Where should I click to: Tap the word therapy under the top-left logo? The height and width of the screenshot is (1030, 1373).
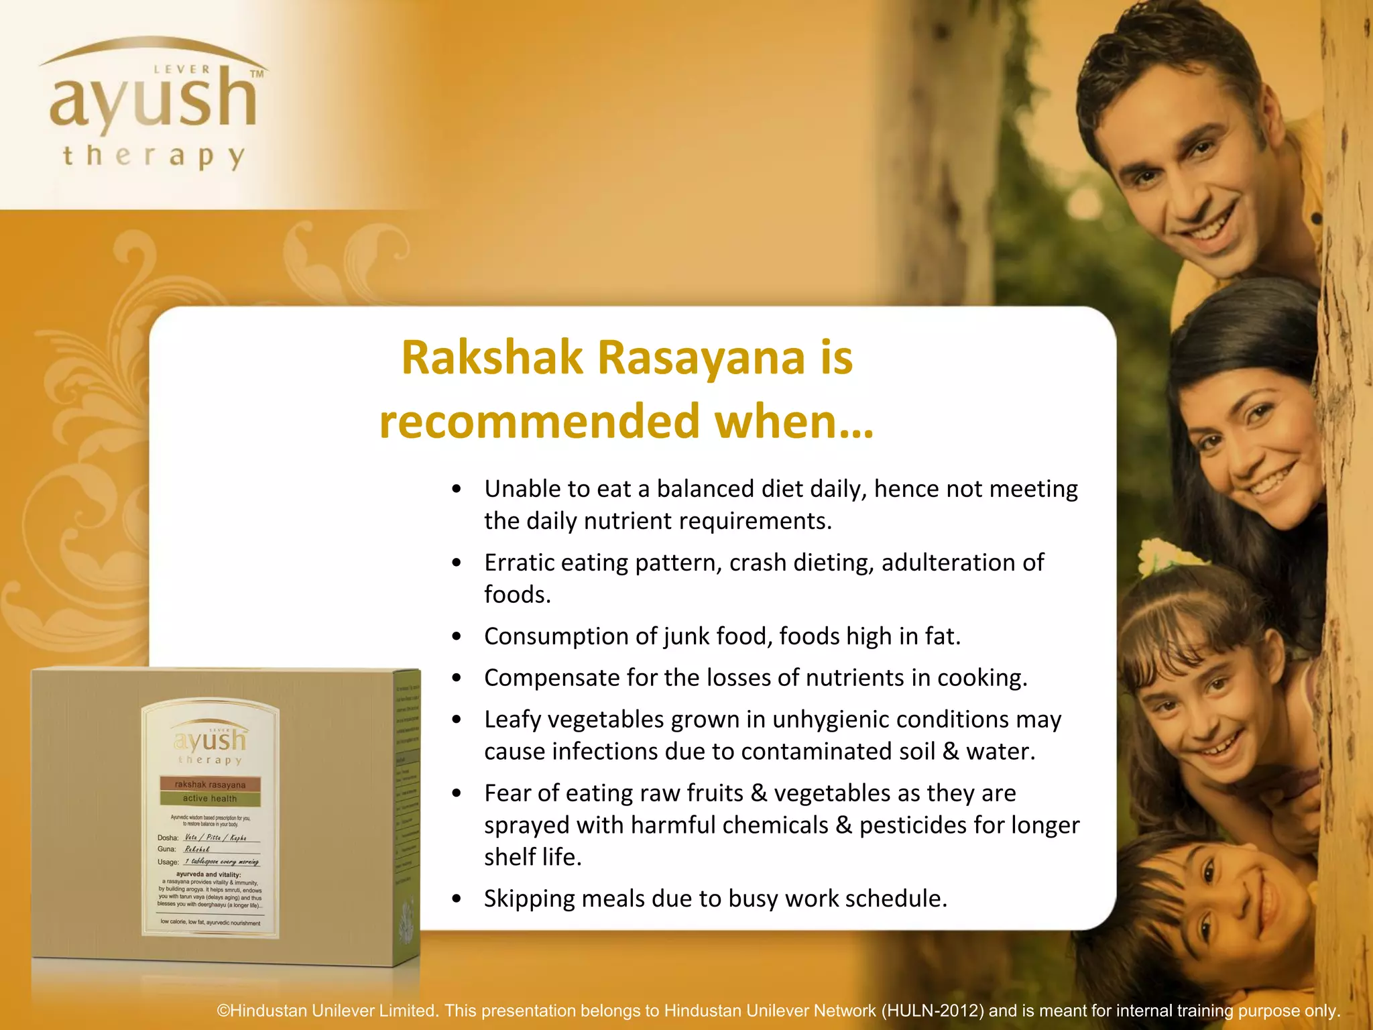[154, 157]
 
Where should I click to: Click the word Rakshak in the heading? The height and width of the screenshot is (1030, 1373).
[492, 357]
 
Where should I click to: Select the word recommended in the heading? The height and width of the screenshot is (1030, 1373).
[540, 422]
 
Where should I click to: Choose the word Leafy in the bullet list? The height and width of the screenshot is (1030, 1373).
[512, 720]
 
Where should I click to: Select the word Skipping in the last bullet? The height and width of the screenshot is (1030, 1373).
[530, 899]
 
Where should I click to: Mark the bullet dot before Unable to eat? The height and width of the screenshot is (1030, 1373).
[457, 490]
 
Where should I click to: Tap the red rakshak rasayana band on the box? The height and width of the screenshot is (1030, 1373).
[210, 785]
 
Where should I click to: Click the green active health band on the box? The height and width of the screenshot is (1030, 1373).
[210, 799]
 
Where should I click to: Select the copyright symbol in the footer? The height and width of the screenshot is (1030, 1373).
[223, 1011]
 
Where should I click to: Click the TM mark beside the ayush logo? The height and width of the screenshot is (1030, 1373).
[257, 74]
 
